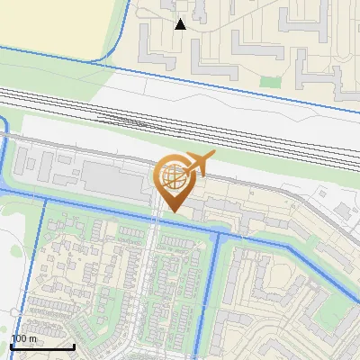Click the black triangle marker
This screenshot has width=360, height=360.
(181, 24)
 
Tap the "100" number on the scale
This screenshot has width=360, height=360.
(19, 338)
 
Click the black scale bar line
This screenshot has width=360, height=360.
(41, 346)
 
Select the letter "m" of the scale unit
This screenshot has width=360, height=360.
(32, 338)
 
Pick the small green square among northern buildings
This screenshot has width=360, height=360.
(270, 81)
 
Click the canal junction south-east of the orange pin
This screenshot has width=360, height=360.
(217, 236)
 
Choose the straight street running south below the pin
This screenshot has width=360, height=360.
(157, 270)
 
